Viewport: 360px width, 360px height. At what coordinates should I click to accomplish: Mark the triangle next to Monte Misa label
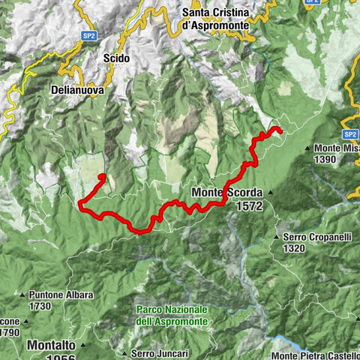pyautogui.click(x=308, y=148)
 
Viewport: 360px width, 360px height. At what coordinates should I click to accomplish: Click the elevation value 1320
pyautogui.click(x=299, y=248)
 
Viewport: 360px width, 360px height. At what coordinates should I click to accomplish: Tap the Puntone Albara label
pyautogui.click(x=61, y=295)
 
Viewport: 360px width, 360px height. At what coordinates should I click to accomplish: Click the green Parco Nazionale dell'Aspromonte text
pyautogui.click(x=172, y=315)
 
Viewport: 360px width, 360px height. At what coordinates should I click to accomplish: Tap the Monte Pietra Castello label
pyautogui.click(x=316, y=355)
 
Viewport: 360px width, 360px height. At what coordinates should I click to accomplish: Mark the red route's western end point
pyautogui.click(x=101, y=176)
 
